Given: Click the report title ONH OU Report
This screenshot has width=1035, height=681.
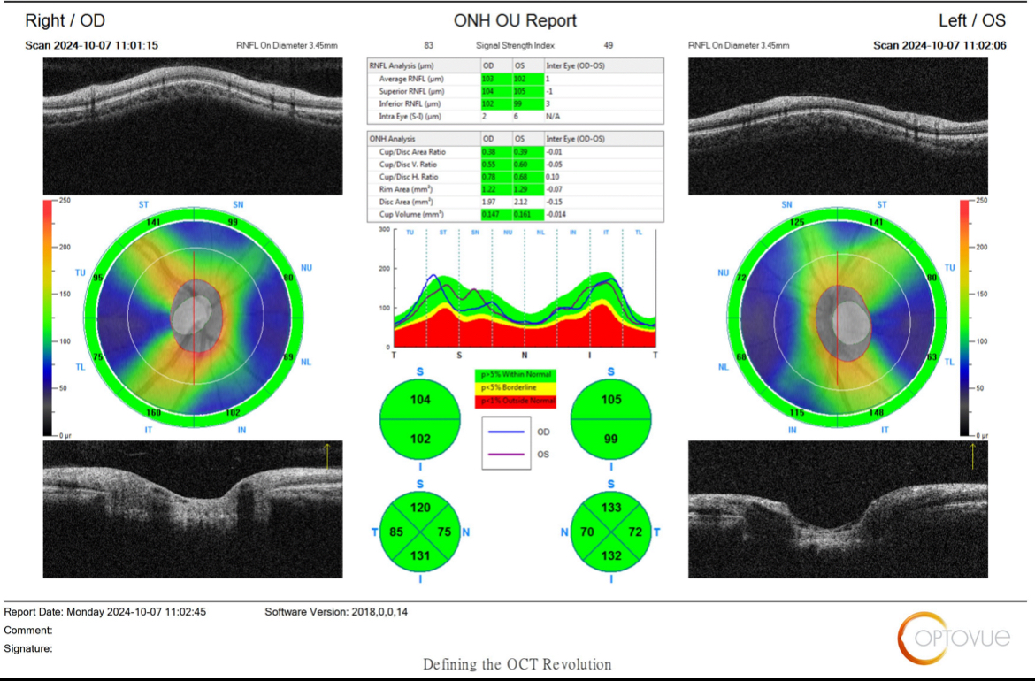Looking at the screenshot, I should click(515, 20).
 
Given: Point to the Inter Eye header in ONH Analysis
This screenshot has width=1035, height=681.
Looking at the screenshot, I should click(575, 139).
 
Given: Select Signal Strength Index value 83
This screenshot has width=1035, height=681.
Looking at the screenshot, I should click(429, 45).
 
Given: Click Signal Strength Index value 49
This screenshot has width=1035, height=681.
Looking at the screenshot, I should click(609, 45).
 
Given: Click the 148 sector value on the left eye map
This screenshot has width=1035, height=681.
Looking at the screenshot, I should click(877, 413).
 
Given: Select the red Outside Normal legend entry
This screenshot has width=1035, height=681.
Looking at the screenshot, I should click(517, 402).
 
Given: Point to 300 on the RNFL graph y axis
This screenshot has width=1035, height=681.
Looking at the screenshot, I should click(383, 230).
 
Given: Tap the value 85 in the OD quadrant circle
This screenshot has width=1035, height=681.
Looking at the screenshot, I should click(395, 532).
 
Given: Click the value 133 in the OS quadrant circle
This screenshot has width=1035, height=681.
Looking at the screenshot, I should click(611, 508).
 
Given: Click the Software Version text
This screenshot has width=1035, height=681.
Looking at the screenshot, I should click(336, 612).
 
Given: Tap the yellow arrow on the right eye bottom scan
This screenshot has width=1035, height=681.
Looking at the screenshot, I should click(326, 455).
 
